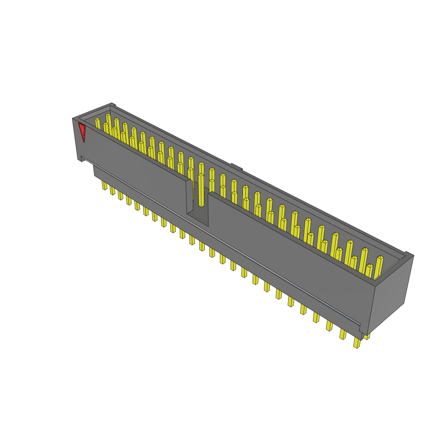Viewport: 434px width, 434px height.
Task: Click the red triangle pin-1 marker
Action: [82, 131]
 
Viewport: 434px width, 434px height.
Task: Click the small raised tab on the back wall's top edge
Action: [236, 167]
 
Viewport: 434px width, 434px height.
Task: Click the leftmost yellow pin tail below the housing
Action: [104, 185]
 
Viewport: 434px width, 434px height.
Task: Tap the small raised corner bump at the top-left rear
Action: [113, 104]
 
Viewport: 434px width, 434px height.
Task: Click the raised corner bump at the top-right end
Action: [409, 254]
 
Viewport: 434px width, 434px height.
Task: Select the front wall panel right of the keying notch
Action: [288, 254]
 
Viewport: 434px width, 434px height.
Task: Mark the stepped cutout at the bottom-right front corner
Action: [361, 328]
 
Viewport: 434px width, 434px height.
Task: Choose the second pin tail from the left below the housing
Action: [112, 191]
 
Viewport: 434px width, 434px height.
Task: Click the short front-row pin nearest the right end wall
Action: [369, 271]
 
